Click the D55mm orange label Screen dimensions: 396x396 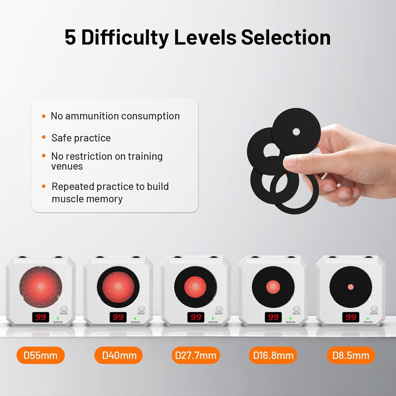(x=40, y=355)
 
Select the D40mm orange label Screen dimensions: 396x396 (x=118, y=355)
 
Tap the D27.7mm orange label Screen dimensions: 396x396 (x=196, y=355)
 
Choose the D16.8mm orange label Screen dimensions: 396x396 (x=273, y=355)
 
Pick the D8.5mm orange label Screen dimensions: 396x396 (x=351, y=355)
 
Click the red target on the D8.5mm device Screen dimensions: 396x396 (x=350, y=286)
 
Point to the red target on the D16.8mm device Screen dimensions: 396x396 (x=273, y=286)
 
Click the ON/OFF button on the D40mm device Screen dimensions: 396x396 (x=141, y=308)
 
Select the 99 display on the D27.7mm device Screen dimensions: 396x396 (x=196, y=317)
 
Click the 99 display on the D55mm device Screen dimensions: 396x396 (x=40, y=317)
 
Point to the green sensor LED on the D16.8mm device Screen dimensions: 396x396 (x=290, y=318)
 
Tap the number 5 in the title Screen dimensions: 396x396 (x=70, y=38)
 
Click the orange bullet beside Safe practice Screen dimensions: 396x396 (x=44, y=137)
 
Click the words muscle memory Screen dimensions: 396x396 (x=87, y=198)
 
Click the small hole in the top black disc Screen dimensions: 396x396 (x=296, y=131)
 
